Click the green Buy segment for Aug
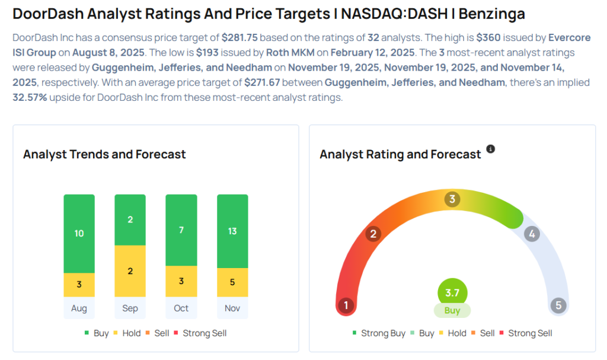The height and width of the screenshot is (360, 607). point(79,233)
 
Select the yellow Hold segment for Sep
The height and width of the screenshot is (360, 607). point(130,271)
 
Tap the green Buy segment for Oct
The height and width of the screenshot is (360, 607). point(181,230)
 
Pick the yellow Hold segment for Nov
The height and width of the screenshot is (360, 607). point(232,282)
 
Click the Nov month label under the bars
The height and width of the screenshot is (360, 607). point(232,308)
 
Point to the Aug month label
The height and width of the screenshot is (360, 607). point(79,308)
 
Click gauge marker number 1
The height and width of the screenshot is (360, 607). point(346,305)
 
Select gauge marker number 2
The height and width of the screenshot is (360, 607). point(373,234)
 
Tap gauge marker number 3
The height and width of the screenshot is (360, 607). point(452,199)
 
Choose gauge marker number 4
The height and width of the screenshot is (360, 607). point(532,234)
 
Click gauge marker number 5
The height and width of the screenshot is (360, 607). point(558,305)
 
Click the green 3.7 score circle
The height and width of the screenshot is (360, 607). point(452,292)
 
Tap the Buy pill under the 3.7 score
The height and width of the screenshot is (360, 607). point(452,310)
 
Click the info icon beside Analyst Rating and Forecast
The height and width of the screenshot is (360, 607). point(490,149)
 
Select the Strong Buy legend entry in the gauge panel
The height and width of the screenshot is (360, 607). point(379,333)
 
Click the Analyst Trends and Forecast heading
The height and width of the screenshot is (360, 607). point(104,154)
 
